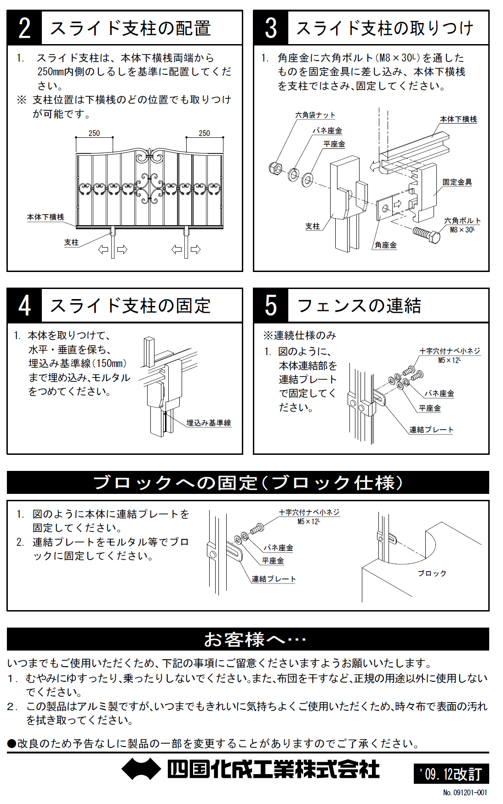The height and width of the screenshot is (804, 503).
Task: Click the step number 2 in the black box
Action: coord(24,28)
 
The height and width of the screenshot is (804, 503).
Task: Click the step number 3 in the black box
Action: coord(271,28)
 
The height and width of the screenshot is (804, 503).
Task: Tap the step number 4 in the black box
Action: coord(24,306)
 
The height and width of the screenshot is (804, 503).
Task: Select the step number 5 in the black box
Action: coord(271,306)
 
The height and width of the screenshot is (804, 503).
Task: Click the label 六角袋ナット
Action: coord(315,115)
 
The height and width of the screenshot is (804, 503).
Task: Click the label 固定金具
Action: coord(457,182)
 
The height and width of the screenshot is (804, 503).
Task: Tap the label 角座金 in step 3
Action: coord(385,245)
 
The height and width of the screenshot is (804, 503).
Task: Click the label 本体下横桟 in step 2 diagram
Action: coord(46,217)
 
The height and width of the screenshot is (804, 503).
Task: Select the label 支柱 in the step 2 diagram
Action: coord(71,242)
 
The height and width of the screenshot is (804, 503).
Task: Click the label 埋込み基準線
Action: coord(209,423)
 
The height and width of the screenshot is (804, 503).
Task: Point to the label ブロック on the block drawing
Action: coord(432,573)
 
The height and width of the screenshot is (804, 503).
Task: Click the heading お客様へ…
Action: coord(255,639)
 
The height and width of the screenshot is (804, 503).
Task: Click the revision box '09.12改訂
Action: coord(451,774)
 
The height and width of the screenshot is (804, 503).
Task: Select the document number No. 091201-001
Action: coord(465,793)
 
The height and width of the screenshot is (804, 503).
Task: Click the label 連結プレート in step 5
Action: coord(431,430)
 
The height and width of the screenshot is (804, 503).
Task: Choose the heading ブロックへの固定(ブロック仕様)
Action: coord(248,482)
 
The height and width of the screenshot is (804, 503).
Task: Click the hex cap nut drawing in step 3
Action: coord(275,168)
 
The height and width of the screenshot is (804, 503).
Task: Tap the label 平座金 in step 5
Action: coord(429,408)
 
